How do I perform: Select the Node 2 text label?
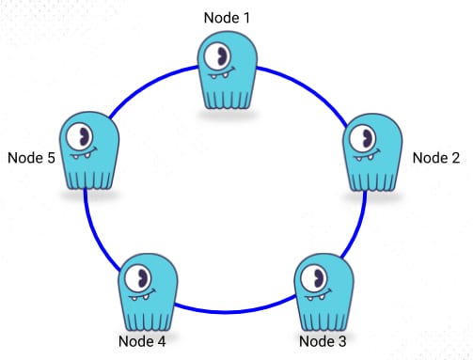pos(436,157)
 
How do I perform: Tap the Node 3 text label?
pos(323,339)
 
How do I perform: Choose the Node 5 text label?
pos(31,157)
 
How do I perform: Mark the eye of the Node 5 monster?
pos(86,138)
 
